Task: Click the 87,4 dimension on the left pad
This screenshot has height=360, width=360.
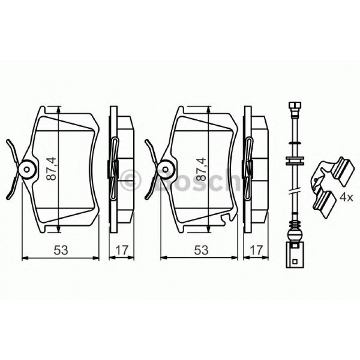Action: click(53, 168)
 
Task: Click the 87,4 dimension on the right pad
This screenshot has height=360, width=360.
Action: click(203, 168)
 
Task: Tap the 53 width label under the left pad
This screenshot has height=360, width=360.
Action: click(61, 250)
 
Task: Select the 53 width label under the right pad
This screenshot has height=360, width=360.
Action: click(201, 250)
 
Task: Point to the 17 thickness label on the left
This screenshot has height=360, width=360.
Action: click(120, 250)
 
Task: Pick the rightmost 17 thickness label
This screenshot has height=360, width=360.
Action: click(255, 250)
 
